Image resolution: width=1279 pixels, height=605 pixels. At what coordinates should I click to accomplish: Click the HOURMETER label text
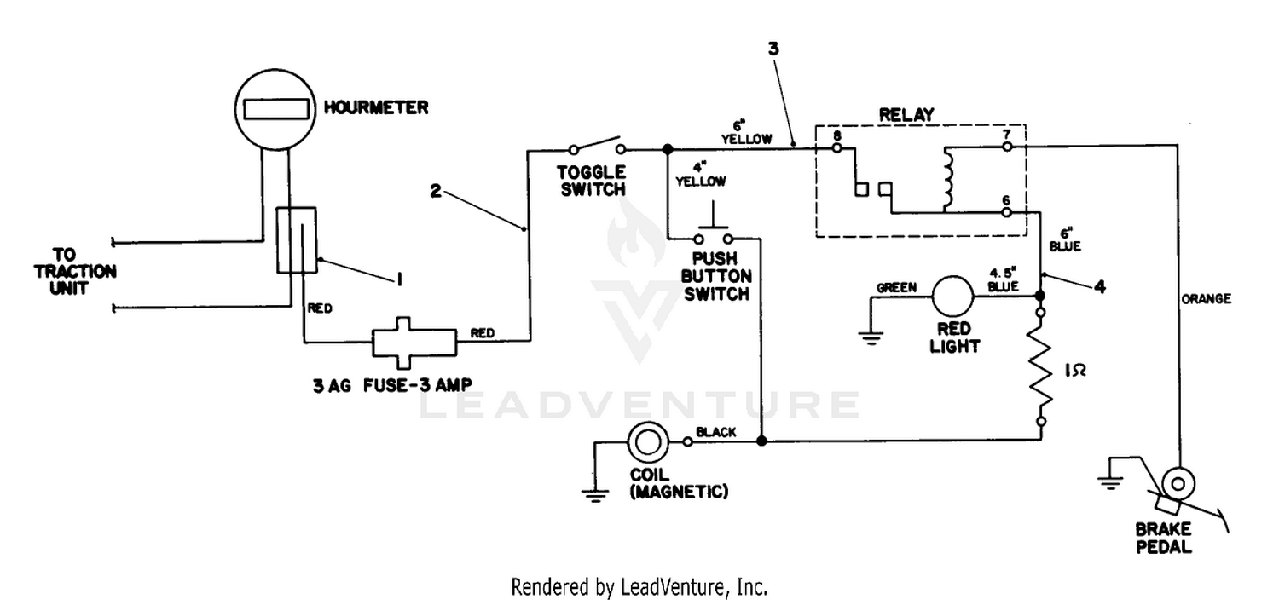[376, 108]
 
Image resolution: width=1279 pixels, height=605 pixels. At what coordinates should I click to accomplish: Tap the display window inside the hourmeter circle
[275, 109]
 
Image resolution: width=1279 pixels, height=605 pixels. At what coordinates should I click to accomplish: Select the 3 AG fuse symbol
[414, 343]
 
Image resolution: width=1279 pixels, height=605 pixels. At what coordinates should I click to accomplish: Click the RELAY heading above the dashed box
[906, 115]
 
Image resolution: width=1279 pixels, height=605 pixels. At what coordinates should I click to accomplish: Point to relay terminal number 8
[837, 136]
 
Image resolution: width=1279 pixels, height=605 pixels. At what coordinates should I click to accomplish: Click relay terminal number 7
[1007, 135]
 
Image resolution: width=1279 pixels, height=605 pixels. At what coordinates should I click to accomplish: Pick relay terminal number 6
[1006, 200]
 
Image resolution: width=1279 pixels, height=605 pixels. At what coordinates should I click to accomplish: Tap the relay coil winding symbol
[948, 178]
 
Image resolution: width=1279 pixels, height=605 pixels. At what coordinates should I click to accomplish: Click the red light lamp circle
[952, 297]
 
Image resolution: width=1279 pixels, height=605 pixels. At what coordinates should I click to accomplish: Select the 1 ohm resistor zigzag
[1041, 367]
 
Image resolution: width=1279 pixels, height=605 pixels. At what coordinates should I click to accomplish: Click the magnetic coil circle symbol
[647, 441]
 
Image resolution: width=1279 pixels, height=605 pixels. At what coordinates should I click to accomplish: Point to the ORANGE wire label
[1206, 299]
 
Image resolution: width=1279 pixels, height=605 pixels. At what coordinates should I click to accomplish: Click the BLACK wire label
[716, 432]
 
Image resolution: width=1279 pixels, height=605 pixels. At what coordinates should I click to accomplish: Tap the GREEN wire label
[896, 288]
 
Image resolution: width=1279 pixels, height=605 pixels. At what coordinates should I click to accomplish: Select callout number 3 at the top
[773, 49]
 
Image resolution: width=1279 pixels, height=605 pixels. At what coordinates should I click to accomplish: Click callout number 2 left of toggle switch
[436, 191]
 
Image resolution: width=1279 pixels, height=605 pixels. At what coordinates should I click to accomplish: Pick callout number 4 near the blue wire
[1100, 286]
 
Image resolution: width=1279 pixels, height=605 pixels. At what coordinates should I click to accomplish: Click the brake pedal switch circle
[1178, 484]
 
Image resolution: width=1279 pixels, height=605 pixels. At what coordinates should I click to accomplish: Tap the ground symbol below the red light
[871, 338]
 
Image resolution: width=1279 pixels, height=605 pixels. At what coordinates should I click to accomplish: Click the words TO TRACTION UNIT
[75, 272]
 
